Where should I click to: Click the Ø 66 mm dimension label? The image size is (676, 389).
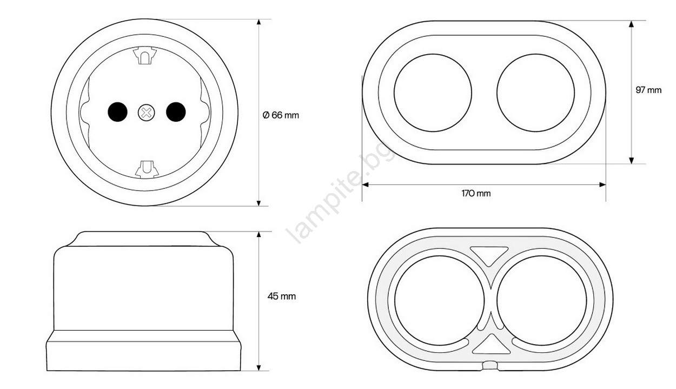pyautogui.click(x=281, y=115)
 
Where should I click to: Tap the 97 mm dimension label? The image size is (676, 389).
pyautogui.click(x=648, y=90)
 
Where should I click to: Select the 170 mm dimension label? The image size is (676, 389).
pyautogui.click(x=476, y=193)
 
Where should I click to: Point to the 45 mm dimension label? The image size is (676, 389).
pyautogui.click(x=282, y=296)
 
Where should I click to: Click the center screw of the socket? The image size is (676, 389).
pyautogui.click(x=147, y=113)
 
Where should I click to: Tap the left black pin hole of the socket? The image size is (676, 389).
pyautogui.click(x=117, y=112)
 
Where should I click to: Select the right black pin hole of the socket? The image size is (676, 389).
pyautogui.click(x=176, y=112)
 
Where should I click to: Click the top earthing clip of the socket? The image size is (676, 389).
pyautogui.click(x=145, y=55)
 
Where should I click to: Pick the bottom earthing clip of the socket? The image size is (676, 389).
pyautogui.click(x=147, y=169)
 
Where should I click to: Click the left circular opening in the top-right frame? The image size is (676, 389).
pyautogui.click(x=433, y=93)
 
